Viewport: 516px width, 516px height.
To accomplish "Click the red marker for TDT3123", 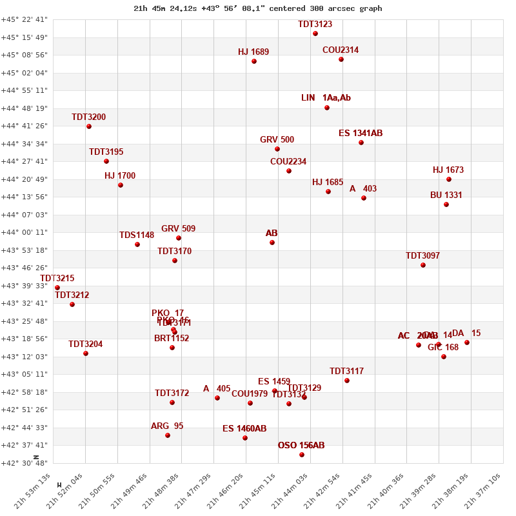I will click(x=315, y=34).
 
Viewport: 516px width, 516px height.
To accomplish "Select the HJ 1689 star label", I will click(x=253, y=52).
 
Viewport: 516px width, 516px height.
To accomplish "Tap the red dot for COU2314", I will click(x=341, y=59).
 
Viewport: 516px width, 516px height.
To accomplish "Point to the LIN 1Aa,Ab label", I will click(x=326, y=98).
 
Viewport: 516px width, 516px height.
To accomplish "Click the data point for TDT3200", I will click(x=89, y=126).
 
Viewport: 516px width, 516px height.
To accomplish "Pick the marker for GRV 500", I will click(x=277, y=149).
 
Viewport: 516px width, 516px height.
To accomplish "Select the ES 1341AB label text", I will click(x=361, y=134).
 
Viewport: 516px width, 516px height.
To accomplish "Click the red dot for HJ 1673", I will click(x=449, y=179).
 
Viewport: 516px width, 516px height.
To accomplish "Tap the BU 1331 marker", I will click(x=446, y=204).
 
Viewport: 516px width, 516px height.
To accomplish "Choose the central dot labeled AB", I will click(x=272, y=243).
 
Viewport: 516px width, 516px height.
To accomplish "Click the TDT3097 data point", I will click(x=423, y=265).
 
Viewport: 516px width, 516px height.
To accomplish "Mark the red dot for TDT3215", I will click(x=57, y=288).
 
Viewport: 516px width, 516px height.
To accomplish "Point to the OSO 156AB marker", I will click(x=302, y=455).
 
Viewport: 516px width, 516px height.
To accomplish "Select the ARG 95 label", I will click(x=167, y=426).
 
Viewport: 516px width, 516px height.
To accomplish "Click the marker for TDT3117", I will click(x=347, y=381).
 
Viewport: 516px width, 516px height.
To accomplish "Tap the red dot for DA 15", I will click(x=467, y=342).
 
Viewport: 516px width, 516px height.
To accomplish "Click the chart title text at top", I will click(x=258, y=8).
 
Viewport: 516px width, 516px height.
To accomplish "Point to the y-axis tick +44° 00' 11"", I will click(x=25, y=232).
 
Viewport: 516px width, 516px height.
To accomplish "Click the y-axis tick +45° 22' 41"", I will click(x=25, y=19).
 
